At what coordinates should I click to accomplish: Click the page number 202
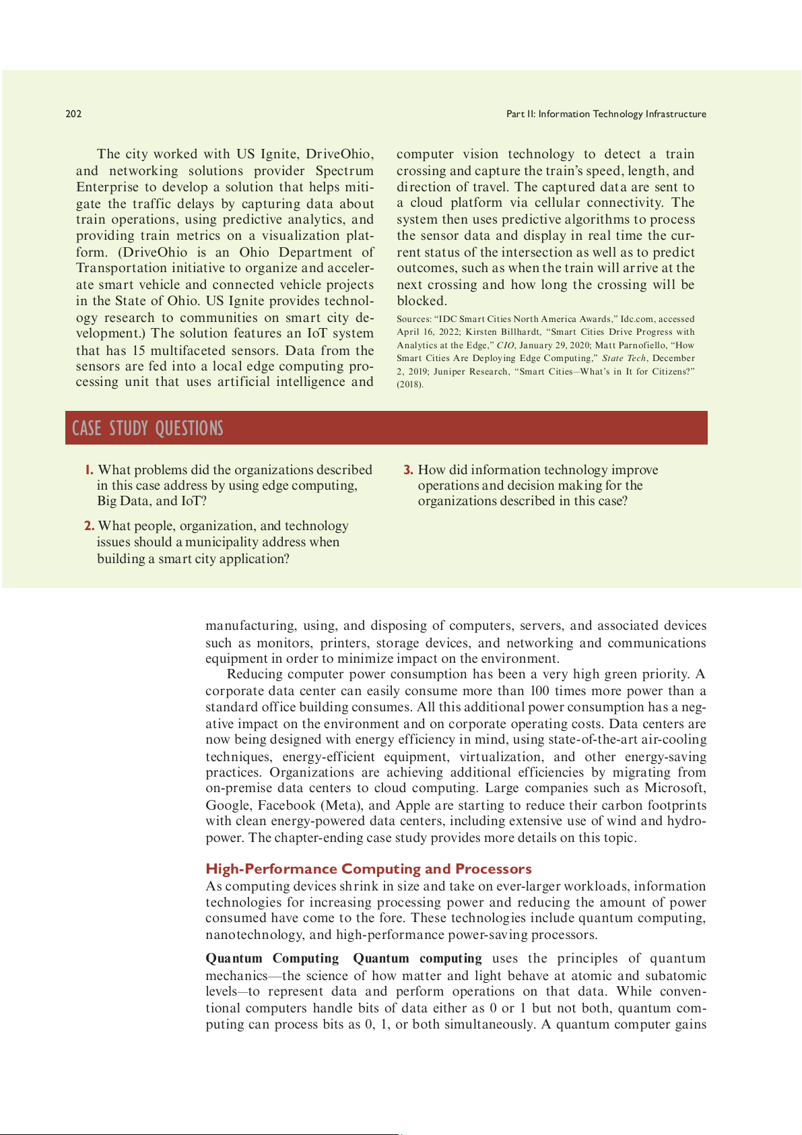click(73, 114)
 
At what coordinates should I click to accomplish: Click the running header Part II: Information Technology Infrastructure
click(606, 114)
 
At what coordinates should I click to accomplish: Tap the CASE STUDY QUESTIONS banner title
click(147, 428)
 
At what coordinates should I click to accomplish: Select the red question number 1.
click(89, 470)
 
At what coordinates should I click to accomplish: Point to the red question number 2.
click(89, 526)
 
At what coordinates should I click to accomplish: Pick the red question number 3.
click(408, 470)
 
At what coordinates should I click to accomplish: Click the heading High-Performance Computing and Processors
click(368, 869)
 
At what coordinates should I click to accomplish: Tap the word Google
click(226, 805)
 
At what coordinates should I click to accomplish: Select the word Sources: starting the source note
click(413, 319)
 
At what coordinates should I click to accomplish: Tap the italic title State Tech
click(624, 358)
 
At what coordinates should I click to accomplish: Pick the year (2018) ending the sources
click(410, 385)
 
